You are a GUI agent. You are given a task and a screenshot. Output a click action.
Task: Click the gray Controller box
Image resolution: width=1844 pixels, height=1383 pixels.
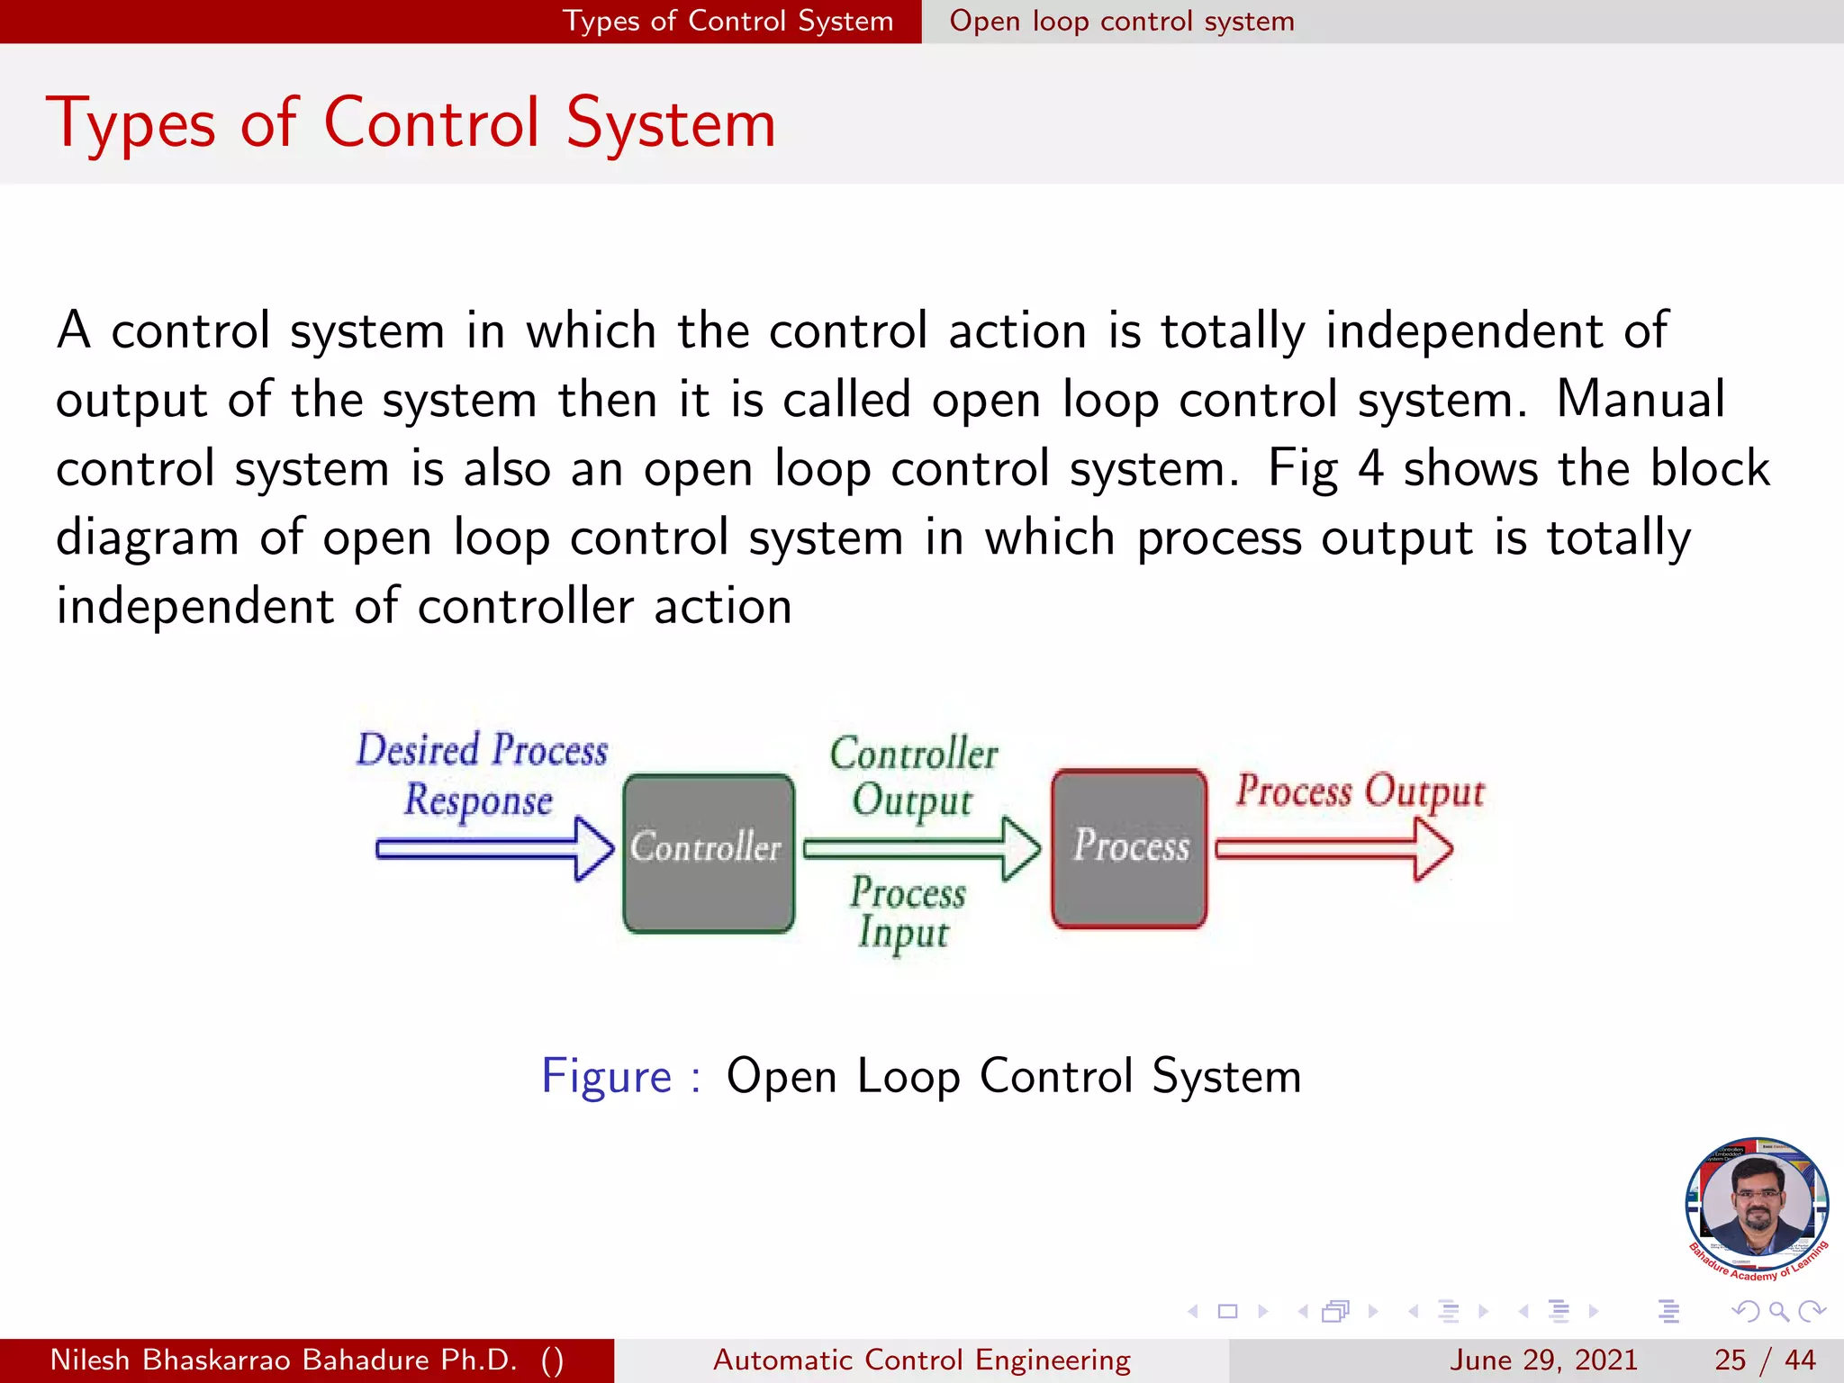[x=709, y=891]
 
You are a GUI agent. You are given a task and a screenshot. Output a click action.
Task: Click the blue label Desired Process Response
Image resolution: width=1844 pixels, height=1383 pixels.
[x=481, y=774]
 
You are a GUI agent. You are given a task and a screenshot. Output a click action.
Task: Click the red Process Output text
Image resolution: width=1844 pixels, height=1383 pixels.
[x=1359, y=791]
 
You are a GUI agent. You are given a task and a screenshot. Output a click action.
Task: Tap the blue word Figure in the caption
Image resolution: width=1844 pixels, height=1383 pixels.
[x=606, y=1076]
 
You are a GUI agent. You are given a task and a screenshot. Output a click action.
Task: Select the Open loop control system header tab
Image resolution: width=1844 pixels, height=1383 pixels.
[x=1121, y=21]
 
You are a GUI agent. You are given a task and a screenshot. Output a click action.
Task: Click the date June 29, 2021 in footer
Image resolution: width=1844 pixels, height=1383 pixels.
[x=1542, y=1360]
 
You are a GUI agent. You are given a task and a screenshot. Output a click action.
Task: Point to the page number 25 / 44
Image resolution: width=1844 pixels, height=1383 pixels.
[x=1764, y=1360]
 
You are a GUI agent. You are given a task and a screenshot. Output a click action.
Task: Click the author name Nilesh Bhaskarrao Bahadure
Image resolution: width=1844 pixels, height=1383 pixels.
[x=283, y=1360]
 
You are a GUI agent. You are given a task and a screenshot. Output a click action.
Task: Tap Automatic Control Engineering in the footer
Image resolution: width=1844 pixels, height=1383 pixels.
[x=921, y=1360]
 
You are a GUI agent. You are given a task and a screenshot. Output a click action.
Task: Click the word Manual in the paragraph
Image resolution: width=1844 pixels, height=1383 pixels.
[x=1641, y=399]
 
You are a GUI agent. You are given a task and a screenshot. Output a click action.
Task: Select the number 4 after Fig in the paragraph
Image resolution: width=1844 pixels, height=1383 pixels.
[x=1369, y=468]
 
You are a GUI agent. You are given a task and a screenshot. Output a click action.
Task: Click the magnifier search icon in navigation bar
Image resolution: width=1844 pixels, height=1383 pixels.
[x=1778, y=1311]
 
